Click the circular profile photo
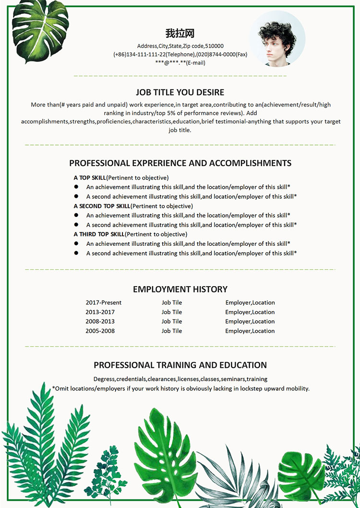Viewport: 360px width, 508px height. click(x=277, y=38)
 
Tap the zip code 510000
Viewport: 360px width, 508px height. click(x=215, y=46)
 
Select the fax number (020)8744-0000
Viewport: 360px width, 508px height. click(x=216, y=54)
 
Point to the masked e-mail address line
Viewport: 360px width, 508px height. click(x=180, y=62)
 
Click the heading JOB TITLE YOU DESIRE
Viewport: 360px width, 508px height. click(x=180, y=92)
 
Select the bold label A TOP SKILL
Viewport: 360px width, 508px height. click(x=90, y=178)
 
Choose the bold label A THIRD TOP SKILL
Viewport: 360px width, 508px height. click(x=99, y=234)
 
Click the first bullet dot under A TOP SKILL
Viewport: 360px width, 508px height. click(x=76, y=187)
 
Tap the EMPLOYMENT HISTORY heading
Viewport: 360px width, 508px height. click(x=180, y=289)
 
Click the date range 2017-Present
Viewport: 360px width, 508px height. click(x=104, y=302)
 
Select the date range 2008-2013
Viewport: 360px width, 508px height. click(x=100, y=321)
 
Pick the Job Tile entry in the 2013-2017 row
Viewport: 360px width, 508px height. click(x=172, y=312)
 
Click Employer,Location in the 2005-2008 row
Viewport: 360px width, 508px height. click(x=250, y=331)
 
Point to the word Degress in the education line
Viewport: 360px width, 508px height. click(x=104, y=379)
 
